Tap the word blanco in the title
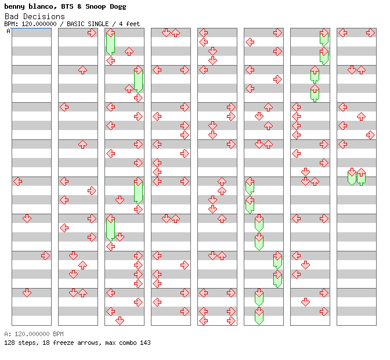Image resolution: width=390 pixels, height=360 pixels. pyautogui.click(x=42, y=6)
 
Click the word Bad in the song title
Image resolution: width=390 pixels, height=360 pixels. pyautogui.click(x=12, y=16)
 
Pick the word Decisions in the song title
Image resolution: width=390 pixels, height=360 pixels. pyautogui.click(x=44, y=16)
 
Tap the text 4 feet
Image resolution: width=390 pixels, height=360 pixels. pyautogui.click(x=129, y=24)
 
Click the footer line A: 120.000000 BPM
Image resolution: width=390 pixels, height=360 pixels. pyautogui.click(x=34, y=334)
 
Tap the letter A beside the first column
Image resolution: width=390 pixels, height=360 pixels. pyautogui.click(x=8, y=31)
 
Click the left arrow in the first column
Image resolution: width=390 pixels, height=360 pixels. pyautogui.click(x=18, y=181)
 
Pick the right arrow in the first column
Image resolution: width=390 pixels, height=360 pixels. pyautogui.click(x=45, y=255)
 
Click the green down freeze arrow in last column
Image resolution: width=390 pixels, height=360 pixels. pyautogui.click(x=352, y=177)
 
